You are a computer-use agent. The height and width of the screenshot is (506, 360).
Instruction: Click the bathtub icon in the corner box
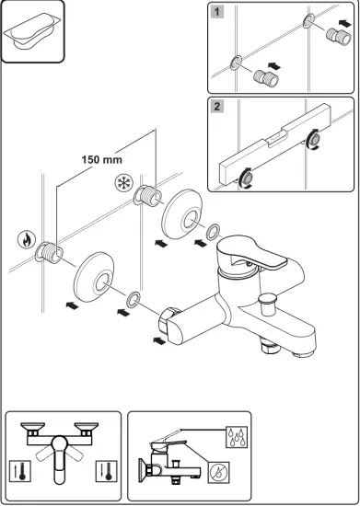(x=32, y=33)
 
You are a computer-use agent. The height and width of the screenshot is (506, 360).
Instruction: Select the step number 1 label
(x=215, y=13)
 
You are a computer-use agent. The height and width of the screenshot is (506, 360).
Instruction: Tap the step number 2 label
(x=215, y=107)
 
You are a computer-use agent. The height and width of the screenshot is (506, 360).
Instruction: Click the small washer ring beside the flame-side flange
(x=134, y=299)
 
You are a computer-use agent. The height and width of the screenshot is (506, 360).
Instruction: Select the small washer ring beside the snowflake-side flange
(x=214, y=231)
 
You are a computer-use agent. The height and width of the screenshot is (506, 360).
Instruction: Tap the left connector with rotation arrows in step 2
(x=248, y=177)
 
